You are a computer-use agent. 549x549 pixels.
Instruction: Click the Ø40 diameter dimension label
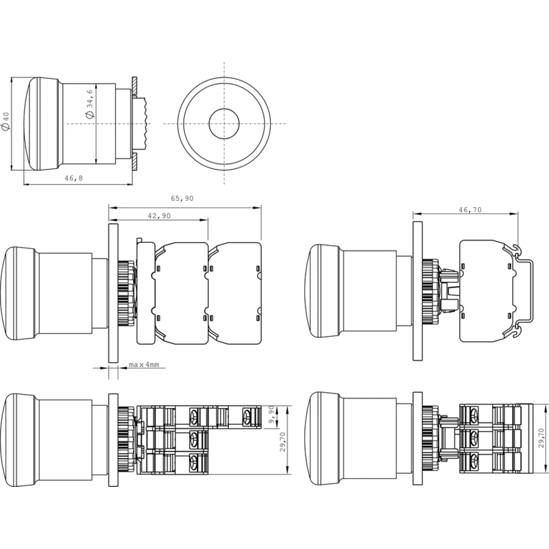(x=5, y=121)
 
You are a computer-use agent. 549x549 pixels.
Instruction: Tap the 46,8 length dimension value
(x=74, y=178)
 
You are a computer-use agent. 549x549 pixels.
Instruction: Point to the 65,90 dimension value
(x=182, y=198)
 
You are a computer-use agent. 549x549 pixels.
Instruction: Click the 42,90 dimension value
(x=159, y=215)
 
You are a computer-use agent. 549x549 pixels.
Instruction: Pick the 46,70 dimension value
(x=470, y=210)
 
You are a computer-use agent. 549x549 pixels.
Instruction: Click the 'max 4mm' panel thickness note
(x=144, y=364)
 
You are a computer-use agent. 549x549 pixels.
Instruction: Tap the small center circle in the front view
(x=224, y=124)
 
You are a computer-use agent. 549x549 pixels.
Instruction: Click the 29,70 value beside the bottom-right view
(x=541, y=438)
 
